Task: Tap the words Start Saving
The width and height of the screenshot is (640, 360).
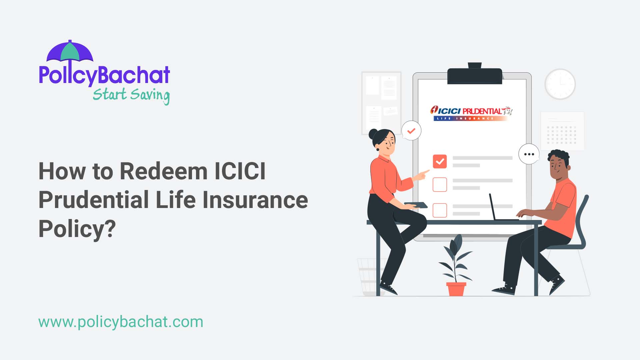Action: (x=131, y=95)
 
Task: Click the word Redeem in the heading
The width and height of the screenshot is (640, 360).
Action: (x=163, y=171)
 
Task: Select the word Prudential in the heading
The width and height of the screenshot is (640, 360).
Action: (x=94, y=200)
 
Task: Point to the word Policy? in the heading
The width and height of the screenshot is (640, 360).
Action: (x=77, y=229)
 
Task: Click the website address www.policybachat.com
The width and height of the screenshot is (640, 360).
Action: (x=121, y=322)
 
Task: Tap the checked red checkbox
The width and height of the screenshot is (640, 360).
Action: (x=440, y=161)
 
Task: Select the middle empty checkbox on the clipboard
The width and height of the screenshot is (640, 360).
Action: (x=440, y=185)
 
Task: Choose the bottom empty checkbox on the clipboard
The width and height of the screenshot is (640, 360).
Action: (x=440, y=210)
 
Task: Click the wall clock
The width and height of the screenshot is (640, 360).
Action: (x=560, y=84)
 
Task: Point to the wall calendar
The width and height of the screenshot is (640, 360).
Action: (x=562, y=131)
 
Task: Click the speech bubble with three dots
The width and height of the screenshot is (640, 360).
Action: (x=529, y=154)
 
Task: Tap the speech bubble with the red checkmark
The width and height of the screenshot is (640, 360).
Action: (x=411, y=130)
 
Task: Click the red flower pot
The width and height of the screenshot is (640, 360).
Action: (x=456, y=289)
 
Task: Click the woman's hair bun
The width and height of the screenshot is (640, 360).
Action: (x=373, y=134)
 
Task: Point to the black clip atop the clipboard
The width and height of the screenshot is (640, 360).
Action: (x=474, y=75)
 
